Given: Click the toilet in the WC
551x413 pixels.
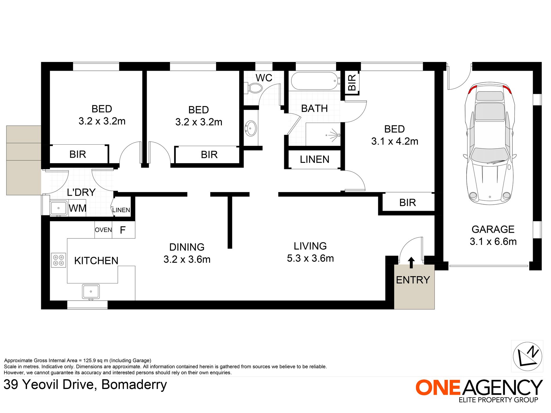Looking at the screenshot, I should pyautogui.click(x=254, y=88).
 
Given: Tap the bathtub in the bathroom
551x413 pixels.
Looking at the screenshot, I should pyautogui.click(x=314, y=81).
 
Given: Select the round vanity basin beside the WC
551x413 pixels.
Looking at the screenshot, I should pyautogui.click(x=251, y=128).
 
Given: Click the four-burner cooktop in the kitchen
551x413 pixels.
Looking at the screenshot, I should pyautogui.click(x=59, y=260).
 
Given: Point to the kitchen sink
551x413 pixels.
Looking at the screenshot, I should pyautogui.click(x=91, y=291).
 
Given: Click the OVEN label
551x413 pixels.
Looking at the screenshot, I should pyautogui.click(x=103, y=230).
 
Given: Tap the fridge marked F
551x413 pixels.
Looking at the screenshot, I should pyautogui.click(x=123, y=230).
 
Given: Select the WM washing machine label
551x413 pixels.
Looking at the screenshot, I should pyautogui.click(x=77, y=208).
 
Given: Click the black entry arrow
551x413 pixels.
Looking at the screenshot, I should pyautogui.click(x=411, y=262).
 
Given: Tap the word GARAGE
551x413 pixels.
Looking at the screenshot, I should pyautogui.click(x=493, y=229).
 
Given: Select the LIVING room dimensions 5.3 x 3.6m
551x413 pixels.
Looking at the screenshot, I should pyautogui.click(x=310, y=258).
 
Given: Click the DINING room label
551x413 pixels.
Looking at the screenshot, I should pyautogui.click(x=187, y=247).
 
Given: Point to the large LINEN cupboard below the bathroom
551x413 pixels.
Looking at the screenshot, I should pyautogui.click(x=314, y=159).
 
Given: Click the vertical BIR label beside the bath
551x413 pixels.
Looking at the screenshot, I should pyautogui.click(x=352, y=82).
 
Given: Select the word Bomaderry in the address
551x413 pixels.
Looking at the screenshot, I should pyautogui.click(x=134, y=385).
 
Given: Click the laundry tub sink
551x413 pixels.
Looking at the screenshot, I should pyautogui.click(x=59, y=208).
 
